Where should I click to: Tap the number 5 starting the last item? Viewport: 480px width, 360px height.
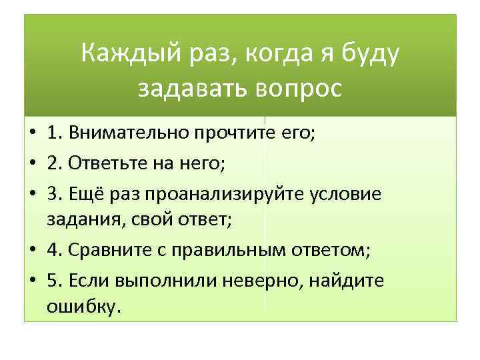point(53,280)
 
